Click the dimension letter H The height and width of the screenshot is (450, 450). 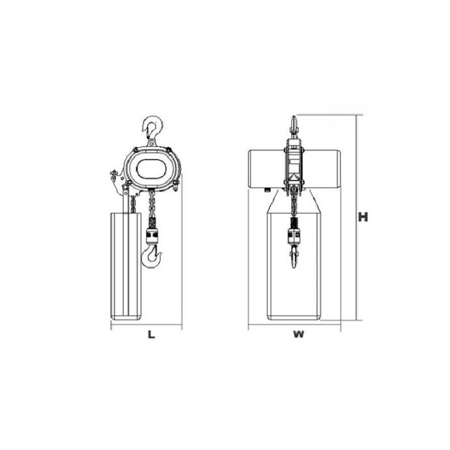(363, 217)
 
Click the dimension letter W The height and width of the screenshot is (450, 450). (298, 335)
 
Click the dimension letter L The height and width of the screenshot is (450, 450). (151, 335)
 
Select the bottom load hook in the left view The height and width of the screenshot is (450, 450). (151, 256)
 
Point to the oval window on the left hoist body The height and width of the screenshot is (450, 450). (151, 169)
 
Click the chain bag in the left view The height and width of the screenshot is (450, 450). (126, 266)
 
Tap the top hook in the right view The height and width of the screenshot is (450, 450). (293, 127)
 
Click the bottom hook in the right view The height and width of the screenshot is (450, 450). (293, 256)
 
